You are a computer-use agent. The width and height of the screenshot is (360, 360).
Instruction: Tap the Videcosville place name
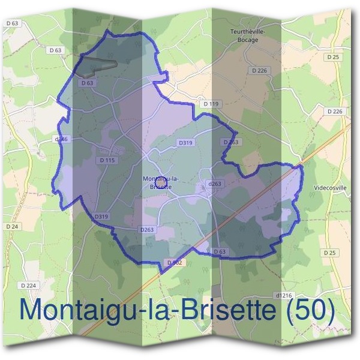tap(330, 187)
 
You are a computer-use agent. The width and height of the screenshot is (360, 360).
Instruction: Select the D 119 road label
tap(211, 104)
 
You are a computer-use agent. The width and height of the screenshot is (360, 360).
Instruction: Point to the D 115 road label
tap(107, 160)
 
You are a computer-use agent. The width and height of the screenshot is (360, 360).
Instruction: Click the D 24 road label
tap(12, 226)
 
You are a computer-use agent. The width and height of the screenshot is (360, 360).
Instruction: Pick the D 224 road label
tap(28, 285)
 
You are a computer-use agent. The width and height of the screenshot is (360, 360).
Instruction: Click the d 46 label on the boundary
tap(62, 139)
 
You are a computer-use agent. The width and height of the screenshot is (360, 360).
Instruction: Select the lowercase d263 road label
tap(214, 184)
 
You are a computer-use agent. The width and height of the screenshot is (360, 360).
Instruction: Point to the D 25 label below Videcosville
tap(329, 253)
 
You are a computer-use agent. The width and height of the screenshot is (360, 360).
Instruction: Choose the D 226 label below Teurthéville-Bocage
tap(259, 70)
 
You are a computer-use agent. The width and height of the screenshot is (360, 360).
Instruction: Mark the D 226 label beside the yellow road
tap(335, 111)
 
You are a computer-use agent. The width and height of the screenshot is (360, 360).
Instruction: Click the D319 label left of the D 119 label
tap(185, 143)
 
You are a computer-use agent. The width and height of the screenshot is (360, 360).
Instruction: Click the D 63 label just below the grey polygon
tap(87, 82)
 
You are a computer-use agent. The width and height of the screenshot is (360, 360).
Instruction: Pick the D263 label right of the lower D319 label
tap(147, 229)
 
